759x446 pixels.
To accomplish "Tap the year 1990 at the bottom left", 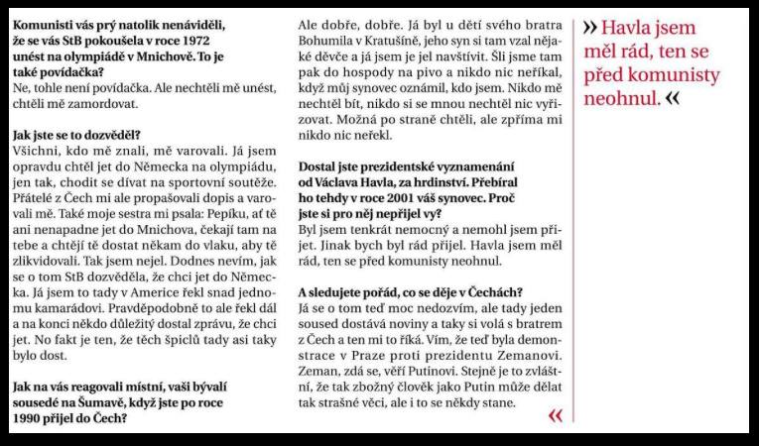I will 29,418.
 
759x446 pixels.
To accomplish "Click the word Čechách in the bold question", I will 489,290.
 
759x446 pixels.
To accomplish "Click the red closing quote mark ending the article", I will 554,416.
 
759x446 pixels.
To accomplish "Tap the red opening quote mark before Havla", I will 590,28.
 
